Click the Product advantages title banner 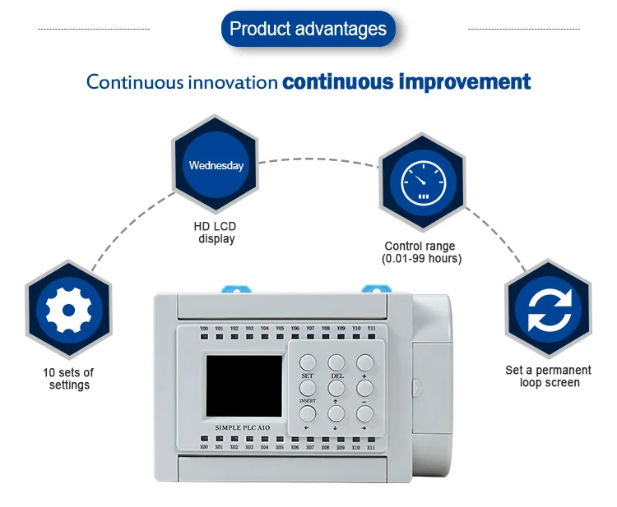(308, 30)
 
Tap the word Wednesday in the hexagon (216, 165)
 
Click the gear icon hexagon (67, 311)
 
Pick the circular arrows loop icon (547, 311)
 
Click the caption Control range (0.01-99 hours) (420, 252)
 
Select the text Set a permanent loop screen (549, 376)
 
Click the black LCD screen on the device (244, 385)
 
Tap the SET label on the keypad (307, 376)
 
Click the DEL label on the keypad (336, 376)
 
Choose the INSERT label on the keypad (307, 400)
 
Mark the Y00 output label (205, 329)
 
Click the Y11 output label (372, 328)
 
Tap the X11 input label (371, 447)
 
